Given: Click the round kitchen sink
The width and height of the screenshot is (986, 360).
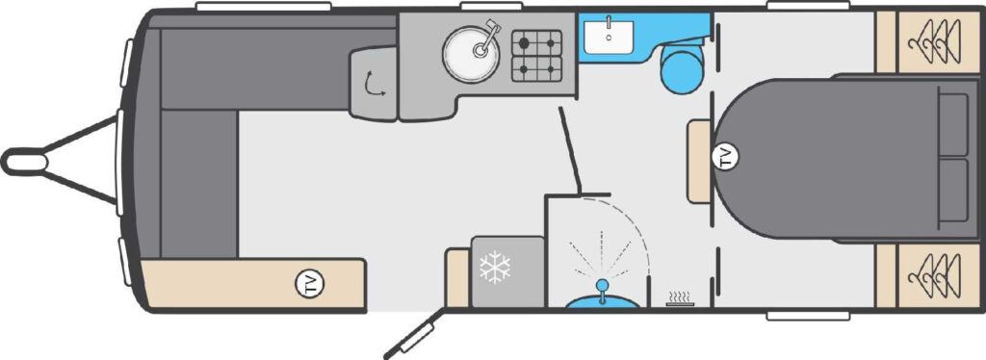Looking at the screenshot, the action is (x=470, y=53).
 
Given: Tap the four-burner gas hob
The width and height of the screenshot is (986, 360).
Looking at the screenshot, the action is (x=536, y=56).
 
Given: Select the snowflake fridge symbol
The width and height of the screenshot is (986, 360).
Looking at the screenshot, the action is (x=495, y=267).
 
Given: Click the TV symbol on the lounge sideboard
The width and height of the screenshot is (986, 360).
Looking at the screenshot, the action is (x=309, y=284).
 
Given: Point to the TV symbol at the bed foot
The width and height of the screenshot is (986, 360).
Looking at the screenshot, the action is (x=726, y=156).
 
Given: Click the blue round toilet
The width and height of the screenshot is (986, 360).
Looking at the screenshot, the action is (x=681, y=67).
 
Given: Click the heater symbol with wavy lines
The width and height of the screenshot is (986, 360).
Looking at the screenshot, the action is (x=681, y=298).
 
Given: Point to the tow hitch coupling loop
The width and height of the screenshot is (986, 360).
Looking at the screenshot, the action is (x=25, y=162).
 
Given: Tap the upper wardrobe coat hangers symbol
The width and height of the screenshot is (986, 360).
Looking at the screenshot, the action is (x=934, y=42).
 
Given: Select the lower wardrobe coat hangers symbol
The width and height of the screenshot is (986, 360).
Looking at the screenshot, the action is (x=934, y=276).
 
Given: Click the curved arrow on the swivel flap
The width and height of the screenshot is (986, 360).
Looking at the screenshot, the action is (x=375, y=84).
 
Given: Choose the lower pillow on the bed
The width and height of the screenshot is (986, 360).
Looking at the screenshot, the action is (x=952, y=191).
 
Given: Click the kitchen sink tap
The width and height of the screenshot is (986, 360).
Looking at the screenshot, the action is (x=487, y=39).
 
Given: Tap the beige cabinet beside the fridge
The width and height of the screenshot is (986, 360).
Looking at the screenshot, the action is (x=457, y=277).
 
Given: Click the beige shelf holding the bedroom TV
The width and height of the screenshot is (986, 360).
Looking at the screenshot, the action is (x=699, y=162).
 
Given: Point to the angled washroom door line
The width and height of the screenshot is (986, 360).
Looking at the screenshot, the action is (x=570, y=150).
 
